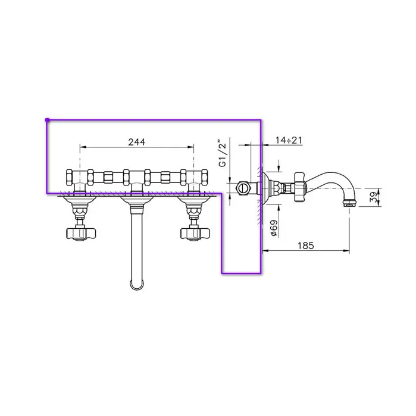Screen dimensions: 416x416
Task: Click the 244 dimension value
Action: [137, 142]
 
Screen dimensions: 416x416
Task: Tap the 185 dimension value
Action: [305, 245]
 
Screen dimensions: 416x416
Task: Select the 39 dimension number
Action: [374, 197]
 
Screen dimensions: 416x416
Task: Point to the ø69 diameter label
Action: [274, 228]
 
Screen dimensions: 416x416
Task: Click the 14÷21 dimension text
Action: [289, 140]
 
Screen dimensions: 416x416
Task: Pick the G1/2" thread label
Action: [223, 153]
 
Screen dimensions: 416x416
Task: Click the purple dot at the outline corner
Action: [47, 120]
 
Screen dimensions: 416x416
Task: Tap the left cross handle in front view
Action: [80, 233]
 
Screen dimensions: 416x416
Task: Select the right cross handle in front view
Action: [195, 233]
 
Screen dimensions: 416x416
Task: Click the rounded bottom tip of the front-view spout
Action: [137, 289]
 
